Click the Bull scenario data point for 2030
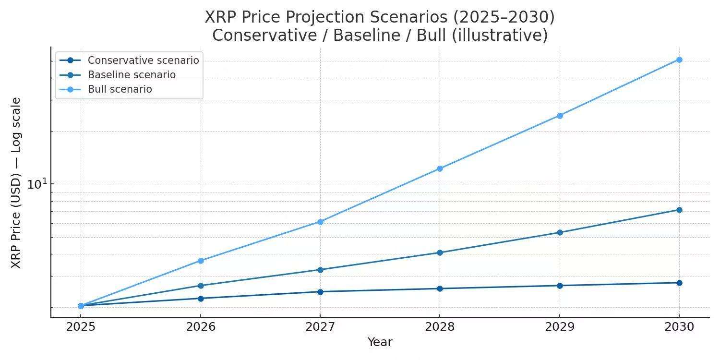(x=679, y=60)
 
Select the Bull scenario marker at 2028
(x=440, y=169)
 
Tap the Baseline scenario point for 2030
(x=679, y=210)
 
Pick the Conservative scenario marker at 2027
(x=320, y=292)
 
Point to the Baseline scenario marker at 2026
(x=201, y=286)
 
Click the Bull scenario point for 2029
(x=560, y=116)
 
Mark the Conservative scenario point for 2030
(x=679, y=283)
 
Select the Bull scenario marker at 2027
(x=320, y=222)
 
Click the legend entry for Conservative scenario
(x=143, y=60)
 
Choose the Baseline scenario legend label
(x=132, y=75)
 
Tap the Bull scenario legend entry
(x=120, y=89)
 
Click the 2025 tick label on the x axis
(x=81, y=327)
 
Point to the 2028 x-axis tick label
(x=440, y=327)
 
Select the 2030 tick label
(x=679, y=327)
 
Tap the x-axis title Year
(x=380, y=342)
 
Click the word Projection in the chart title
(x=315, y=18)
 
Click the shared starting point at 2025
(x=81, y=306)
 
